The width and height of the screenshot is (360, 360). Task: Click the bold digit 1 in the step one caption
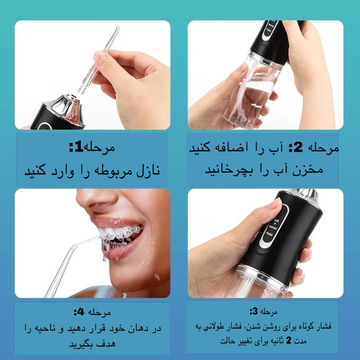[78, 147]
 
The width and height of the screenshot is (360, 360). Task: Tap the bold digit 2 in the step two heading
[298, 147]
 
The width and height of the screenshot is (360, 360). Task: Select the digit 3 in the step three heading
[255, 311]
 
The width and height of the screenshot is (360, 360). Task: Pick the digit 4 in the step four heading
[81, 312]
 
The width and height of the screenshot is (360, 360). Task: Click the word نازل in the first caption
[148, 171]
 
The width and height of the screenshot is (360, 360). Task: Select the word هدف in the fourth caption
[107, 343]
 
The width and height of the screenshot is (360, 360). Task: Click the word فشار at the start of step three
[323, 326]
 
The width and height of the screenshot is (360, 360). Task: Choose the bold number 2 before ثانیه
[289, 341]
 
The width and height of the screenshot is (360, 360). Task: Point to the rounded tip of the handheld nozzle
[117, 29]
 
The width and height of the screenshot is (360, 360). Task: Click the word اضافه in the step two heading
[230, 147]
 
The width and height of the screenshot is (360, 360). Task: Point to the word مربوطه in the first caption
[113, 171]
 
